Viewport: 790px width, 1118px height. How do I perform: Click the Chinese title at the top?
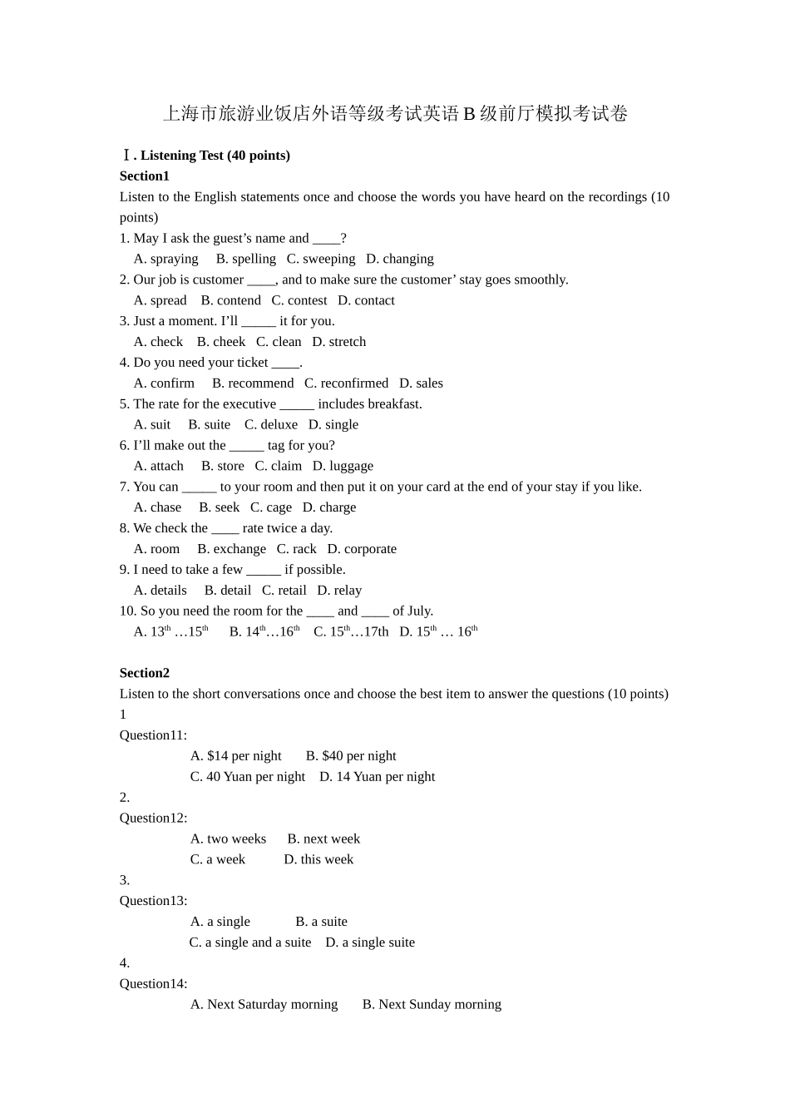tap(395, 114)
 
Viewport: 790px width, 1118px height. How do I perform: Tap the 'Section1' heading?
tap(145, 176)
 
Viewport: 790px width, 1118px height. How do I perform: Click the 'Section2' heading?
tap(145, 673)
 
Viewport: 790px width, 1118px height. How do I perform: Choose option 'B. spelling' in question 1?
tap(245, 259)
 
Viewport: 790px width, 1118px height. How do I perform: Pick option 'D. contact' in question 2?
tap(366, 300)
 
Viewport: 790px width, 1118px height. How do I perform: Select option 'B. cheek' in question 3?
tap(221, 342)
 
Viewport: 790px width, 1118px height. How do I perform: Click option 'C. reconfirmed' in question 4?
tap(346, 383)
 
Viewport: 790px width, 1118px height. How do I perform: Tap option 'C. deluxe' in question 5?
tap(270, 424)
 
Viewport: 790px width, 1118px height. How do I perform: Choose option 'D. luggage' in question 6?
tap(343, 466)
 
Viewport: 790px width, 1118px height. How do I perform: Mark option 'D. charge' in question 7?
tap(329, 507)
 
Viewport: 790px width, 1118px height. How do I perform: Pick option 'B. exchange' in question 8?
tap(231, 549)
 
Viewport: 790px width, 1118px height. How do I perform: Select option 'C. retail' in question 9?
tap(284, 591)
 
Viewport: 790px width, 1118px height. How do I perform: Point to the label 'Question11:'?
tap(153, 735)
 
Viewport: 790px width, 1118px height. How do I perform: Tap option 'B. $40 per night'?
tap(351, 756)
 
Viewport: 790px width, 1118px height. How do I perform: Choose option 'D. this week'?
tap(318, 859)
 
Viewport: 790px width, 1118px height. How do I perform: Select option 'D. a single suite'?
tap(370, 942)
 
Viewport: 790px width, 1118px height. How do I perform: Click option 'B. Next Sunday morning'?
tap(432, 1005)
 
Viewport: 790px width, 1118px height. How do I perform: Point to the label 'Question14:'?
tap(153, 984)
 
